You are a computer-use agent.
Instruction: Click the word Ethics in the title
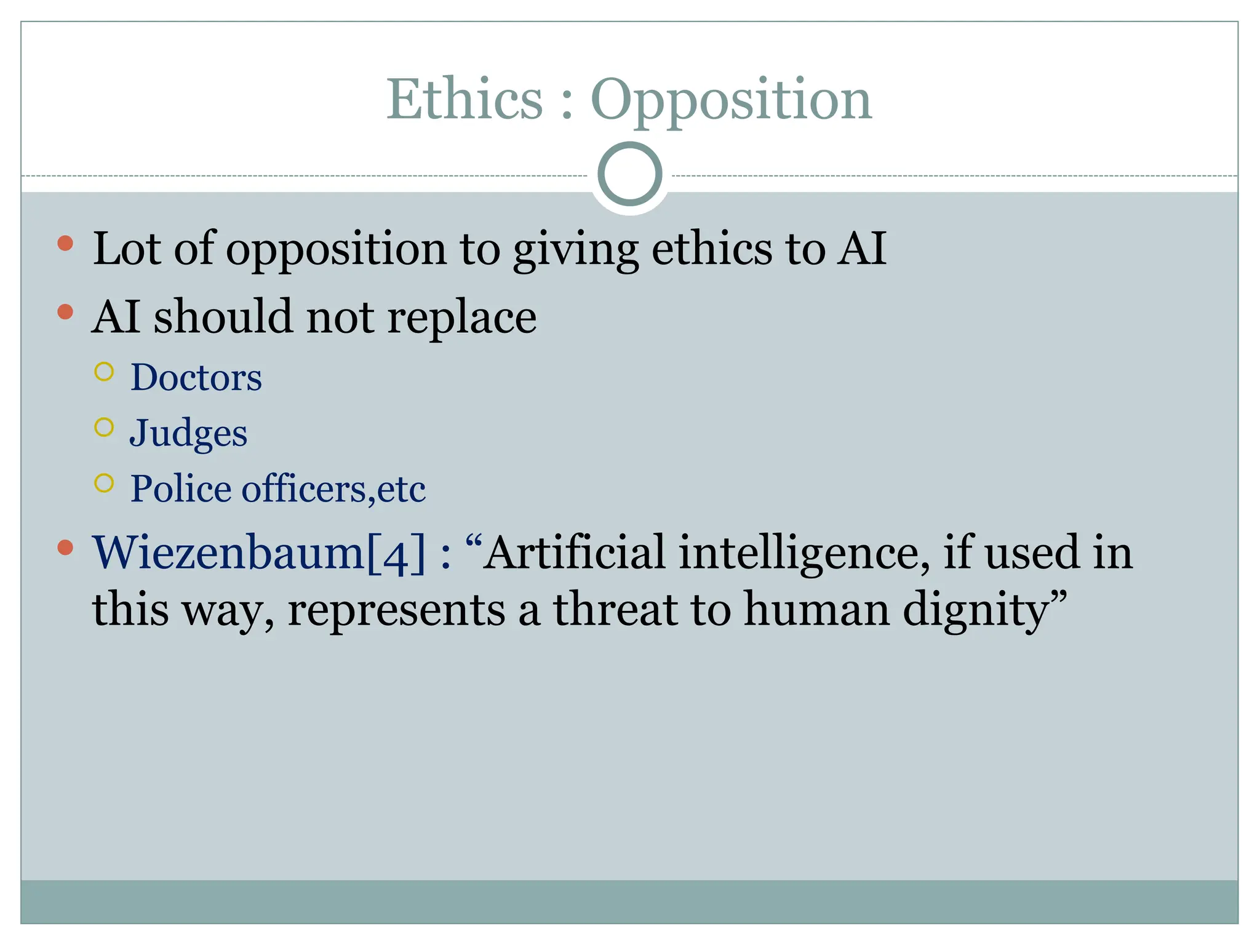(465, 100)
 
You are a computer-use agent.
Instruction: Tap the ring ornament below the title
(629, 174)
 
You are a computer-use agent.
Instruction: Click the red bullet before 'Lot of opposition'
(65, 244)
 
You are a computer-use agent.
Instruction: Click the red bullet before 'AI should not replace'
(65, 312)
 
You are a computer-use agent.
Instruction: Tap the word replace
(461, 317)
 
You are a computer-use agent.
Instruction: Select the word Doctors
(196, 377)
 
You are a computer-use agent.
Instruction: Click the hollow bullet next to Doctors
(105, 372)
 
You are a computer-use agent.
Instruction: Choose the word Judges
(188, 433)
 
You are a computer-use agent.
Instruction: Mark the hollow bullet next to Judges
(105, 427)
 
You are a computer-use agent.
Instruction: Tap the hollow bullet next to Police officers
(105, 483)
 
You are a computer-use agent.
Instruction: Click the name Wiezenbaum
(228, 552)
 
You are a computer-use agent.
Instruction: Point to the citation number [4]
(396, 553)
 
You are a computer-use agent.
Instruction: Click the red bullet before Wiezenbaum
(65, 547)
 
